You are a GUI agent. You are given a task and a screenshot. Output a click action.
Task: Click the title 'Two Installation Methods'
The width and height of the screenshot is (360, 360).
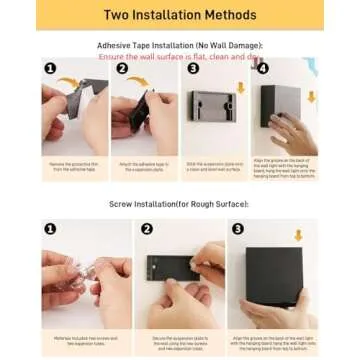point(179,16)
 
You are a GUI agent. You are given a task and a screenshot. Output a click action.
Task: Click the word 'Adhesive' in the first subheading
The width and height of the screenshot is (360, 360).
point(113,47)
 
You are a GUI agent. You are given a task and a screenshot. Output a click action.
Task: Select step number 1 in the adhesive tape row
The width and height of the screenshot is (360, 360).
point(50,68)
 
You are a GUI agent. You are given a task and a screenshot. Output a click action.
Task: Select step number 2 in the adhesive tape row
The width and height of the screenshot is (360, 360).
point(121,68)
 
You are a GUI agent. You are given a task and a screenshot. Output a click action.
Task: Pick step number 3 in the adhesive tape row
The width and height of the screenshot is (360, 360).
point(193,68)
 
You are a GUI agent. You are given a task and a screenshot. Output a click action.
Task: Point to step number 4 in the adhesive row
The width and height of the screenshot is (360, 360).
point(263,68)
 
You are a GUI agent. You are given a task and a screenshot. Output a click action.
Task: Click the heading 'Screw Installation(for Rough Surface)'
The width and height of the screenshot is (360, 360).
point(179,203)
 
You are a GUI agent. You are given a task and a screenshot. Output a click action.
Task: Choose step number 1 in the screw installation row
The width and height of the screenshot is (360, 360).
point(50,229)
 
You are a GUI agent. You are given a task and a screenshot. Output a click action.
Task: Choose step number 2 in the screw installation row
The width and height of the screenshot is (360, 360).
point(147,229)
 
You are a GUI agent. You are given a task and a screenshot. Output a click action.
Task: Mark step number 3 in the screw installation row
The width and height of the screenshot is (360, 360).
point(238,229)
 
